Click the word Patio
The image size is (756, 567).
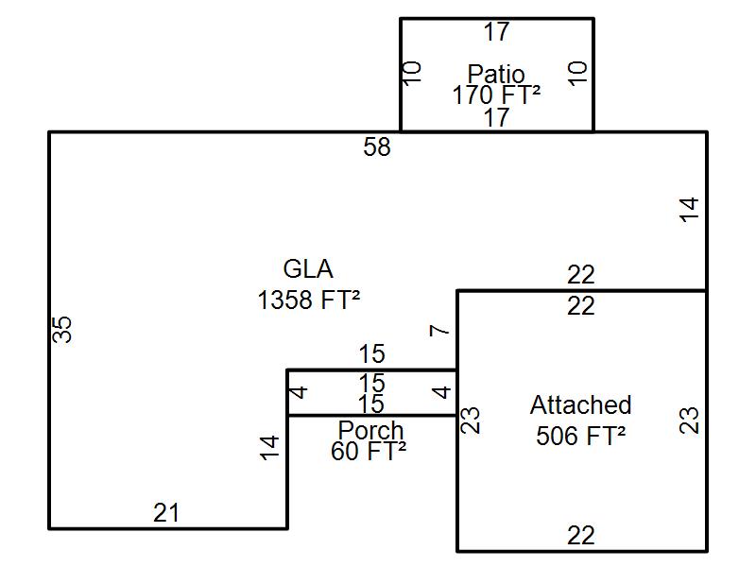496,74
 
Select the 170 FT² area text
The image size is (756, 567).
496,94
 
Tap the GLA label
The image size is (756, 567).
308,269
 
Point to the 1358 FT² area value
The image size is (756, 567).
308,301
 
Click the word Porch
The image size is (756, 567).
370,430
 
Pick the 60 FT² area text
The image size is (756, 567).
369,451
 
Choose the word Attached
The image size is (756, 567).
580,405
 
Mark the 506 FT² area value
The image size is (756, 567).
580,436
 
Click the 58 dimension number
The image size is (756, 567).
377,147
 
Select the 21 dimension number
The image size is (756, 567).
166,513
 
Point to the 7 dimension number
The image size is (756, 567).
438,330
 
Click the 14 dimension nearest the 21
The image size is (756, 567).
270,447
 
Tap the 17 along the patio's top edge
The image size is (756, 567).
496,32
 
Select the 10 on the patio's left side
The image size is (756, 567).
413,74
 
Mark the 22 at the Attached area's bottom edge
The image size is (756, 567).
581,536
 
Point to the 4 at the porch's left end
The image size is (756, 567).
300,391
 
